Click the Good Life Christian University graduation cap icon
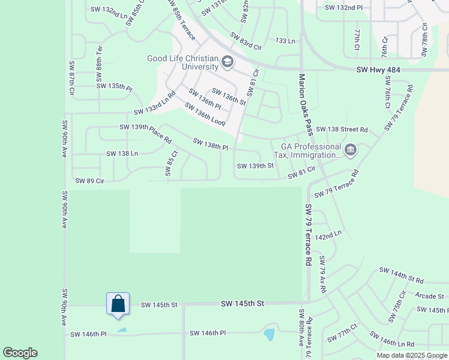click(x=228, y=61)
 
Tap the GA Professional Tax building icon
click(x=351, y=149)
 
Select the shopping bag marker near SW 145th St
click(x=118, y=304)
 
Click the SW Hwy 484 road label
click(x=378, y=70)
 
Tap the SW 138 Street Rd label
click(x=342, y=129)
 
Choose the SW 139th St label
click(x=255, y=166)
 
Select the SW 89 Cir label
click(x=90, y=181)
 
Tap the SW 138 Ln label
click(x=122, y=154)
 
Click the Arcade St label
click(x=429, y=296)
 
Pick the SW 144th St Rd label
click(x=401, y=275)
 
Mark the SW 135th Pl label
click(x=114, y=87)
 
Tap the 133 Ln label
click(x=286, y=41)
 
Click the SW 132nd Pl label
click(x=344, y=8)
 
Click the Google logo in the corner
click(x=20, y=353)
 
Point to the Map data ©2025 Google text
click(x=411, y=355)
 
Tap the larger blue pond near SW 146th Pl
click(x=268, y=334)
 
